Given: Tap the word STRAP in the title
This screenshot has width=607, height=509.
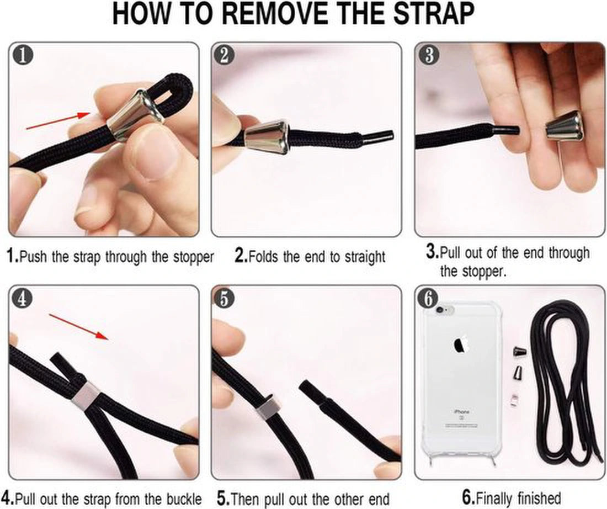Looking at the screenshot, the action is coord(434,14).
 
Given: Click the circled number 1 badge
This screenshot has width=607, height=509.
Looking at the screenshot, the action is coord(23,55).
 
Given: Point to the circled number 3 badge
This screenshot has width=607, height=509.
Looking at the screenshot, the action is coord(429,55).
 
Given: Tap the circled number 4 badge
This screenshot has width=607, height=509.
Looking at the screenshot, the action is coord(23,299).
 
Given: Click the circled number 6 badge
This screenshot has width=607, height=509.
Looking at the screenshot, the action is coord(428,299).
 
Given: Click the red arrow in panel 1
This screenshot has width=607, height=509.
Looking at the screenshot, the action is coord(58,121).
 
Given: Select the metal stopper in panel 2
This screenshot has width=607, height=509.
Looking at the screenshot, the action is coord(268,136).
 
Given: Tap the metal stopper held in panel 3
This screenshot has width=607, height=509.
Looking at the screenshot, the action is coord(565,126).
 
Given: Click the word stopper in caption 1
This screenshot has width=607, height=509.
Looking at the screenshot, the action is coord(193,257).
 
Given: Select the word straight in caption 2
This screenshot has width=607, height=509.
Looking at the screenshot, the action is coord(365,257).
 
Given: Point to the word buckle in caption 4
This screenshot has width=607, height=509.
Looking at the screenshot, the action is coord(184,499).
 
